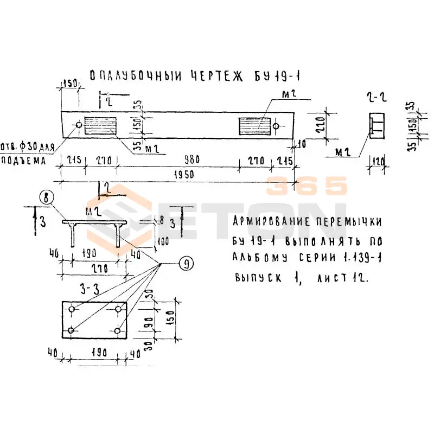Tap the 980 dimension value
[x=192, y=160]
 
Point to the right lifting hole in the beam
[x=277, y=126]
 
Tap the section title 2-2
[x=375, y=98]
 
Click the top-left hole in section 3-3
[x=72, y=309]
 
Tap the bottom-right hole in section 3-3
[x=118, y=330]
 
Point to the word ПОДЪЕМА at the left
[x=22, y=161]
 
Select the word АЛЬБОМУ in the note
[x=257, y=257]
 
